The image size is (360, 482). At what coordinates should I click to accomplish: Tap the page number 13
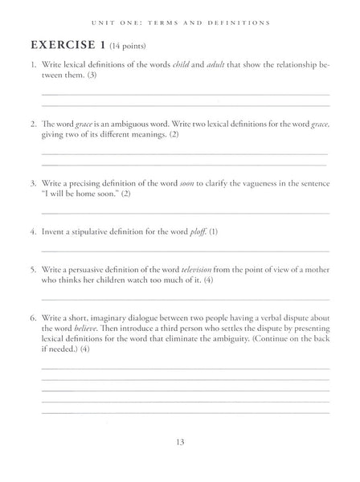pos(180,440)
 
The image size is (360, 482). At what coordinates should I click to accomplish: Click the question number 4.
pos(32,231)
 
